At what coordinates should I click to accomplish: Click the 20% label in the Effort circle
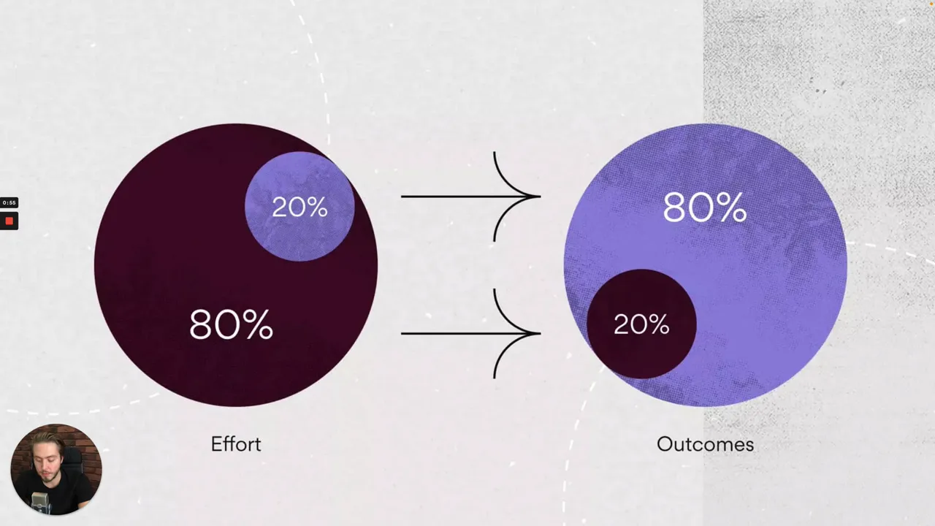click(299, 207)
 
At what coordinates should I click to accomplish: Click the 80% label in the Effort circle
click(232, 324)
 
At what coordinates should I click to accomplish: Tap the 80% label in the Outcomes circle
click(705, 207)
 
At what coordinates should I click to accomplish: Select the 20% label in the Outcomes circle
click(641, 324)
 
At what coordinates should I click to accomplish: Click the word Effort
click(236, 444)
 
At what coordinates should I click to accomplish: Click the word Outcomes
click(706, 444)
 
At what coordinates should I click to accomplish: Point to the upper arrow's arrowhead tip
click(541, 197)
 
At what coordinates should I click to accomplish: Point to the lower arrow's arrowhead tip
click(541, 334)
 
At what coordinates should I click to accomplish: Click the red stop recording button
click(9, 221)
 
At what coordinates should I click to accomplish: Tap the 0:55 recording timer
click(9, 203)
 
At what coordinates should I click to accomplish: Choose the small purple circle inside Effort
click(299, 207)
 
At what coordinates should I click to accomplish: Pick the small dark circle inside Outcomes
click(641, 324)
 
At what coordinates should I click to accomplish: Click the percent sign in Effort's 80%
click(259, 324)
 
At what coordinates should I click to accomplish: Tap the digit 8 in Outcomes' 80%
click(676, 207)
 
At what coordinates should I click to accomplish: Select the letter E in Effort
click(216, 444)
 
